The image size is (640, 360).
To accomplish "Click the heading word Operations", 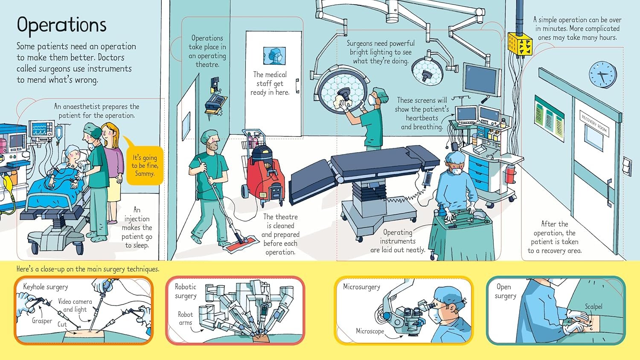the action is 61,25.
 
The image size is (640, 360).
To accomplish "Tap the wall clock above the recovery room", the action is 602,75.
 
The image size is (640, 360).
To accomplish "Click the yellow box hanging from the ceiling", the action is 520,44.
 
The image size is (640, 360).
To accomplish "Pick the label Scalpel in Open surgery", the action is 593,307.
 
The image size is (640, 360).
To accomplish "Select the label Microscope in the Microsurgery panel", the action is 370,331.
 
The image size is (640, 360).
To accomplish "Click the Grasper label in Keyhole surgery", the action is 42,321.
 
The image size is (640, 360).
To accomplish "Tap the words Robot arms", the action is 185,318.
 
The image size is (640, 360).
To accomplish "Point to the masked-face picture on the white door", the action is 274,56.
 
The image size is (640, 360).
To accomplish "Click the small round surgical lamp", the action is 428,71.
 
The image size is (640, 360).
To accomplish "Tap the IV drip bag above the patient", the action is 59,133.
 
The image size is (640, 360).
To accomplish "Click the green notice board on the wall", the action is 550,118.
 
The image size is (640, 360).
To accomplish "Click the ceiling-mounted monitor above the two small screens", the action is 481,80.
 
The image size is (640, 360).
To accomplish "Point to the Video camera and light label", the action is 75,305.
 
